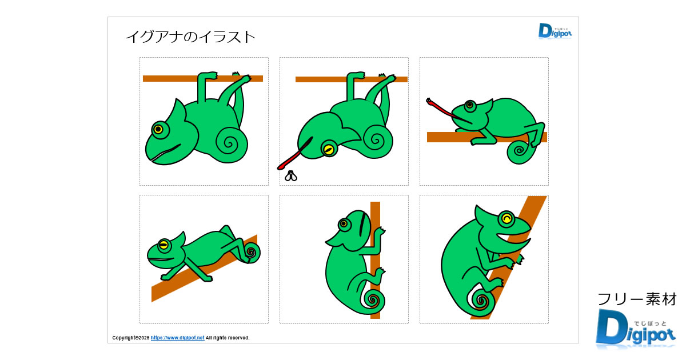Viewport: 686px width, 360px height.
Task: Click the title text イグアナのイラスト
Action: pos(190,37)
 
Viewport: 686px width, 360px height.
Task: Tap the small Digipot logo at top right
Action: pos(555,31)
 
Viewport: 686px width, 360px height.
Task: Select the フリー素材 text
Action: pos(637,299)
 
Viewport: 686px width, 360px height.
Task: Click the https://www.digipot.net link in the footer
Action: pos(177,338)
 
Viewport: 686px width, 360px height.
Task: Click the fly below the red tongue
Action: pos(292,176)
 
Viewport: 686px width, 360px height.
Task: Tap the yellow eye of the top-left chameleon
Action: pos(158,129)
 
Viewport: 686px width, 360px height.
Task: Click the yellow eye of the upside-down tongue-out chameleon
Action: pos(329,149)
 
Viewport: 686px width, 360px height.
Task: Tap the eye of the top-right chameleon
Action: pos(470,105)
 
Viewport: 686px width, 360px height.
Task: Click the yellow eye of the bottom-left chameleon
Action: pos(163,245)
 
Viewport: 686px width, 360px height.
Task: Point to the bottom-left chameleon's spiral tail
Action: pos(250,251)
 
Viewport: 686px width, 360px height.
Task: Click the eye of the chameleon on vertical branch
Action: pos(344,223)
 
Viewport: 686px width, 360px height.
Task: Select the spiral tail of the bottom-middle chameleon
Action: pos(374,299)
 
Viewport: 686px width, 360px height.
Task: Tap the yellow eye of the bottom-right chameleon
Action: pos(506,218)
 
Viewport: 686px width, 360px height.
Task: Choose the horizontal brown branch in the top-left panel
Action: pos(171,78)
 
